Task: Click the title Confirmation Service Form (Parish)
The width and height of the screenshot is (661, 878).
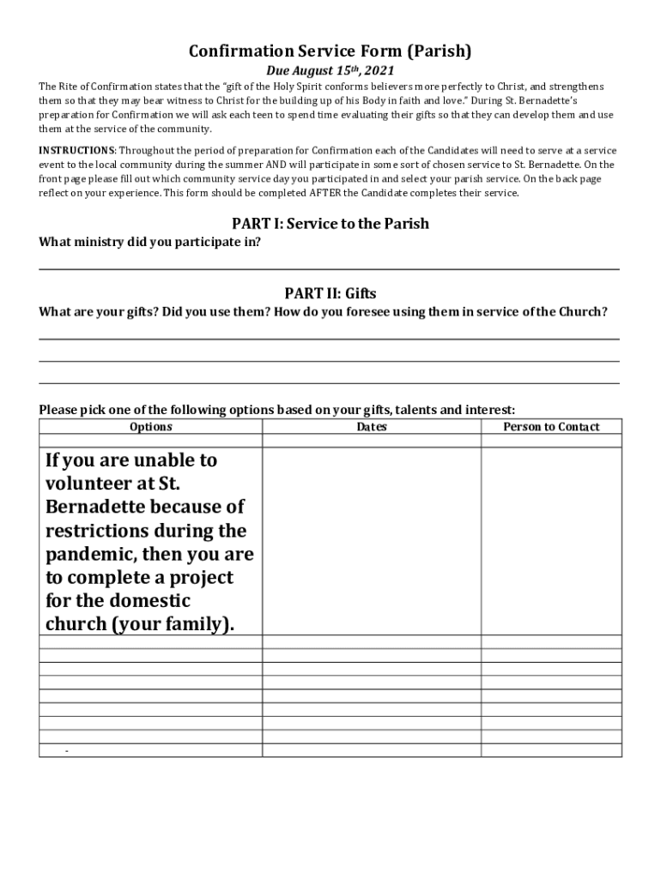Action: click(330, 51)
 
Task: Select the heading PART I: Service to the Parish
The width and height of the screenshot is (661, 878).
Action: click(330, 224)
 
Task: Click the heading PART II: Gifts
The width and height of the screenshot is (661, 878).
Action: click(330, 293)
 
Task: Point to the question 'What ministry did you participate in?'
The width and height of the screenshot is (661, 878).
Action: click(150, 242)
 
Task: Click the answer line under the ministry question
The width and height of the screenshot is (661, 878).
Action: click(330, 268)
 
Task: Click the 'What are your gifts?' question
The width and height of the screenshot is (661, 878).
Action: click(100, 311)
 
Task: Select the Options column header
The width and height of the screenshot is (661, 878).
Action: click(150, 427)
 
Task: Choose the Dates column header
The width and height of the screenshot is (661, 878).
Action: click(372, 427)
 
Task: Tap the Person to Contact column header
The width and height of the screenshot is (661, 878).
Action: click(551, 427)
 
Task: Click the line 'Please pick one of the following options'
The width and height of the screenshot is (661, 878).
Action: click(276, 410)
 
